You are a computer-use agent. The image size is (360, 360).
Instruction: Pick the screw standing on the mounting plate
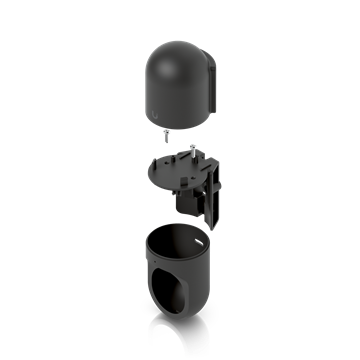pos(191,151)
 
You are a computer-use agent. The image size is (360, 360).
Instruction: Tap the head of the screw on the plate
pos(191,145)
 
